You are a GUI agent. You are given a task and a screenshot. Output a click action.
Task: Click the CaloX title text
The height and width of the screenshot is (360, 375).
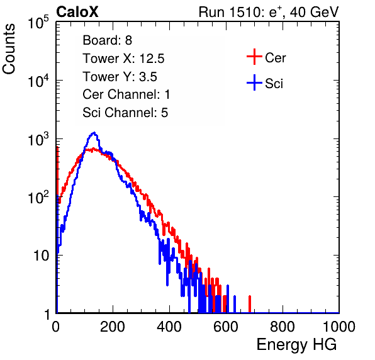point(77,12)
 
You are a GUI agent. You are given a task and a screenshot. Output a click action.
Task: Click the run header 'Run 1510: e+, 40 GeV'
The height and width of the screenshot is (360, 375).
point(269,12)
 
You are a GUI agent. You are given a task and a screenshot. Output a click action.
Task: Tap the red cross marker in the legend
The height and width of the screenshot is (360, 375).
point(254,57)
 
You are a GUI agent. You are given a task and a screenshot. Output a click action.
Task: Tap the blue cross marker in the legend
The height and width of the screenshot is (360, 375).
point(254,82)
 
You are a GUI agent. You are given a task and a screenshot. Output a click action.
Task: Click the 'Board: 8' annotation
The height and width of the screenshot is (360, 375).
point(107,40)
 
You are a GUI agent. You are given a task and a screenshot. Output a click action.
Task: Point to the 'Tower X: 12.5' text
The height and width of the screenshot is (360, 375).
point(123,59)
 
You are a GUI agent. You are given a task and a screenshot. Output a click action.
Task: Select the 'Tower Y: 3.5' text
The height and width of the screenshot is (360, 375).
point(120,77)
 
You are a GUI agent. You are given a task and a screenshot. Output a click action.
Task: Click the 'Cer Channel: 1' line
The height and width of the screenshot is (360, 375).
point(126,94)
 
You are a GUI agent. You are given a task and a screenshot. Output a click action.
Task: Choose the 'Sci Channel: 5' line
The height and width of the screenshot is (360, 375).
point(125,113)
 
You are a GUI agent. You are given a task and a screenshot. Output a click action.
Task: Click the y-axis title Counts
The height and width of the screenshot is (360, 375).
point(9,49)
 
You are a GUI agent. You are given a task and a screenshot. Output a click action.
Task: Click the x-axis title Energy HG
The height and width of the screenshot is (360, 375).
point(296,345)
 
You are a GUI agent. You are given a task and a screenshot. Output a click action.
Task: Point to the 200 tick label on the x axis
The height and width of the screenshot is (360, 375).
point(113,327)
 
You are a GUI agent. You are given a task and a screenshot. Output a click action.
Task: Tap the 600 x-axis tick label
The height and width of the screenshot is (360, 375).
point(226,327)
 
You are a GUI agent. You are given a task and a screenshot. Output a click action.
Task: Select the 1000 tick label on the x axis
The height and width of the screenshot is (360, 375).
point(339,327)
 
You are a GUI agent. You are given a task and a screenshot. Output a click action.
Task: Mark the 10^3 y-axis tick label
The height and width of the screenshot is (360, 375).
point(38,139)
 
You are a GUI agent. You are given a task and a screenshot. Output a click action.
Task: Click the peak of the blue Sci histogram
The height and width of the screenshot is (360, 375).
point(94,133)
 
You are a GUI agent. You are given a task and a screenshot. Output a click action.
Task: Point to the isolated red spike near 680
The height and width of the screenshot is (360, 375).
point(250,304)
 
